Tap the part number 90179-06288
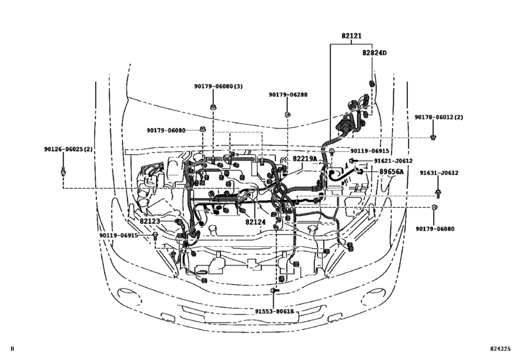(x=288, y=94)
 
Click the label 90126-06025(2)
(x=69, y=149)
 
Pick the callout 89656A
(x=391, y=172)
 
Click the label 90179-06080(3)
(x=219, y=85)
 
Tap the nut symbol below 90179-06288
(x=287, y=115)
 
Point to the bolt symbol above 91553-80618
(x=274, y=292)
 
